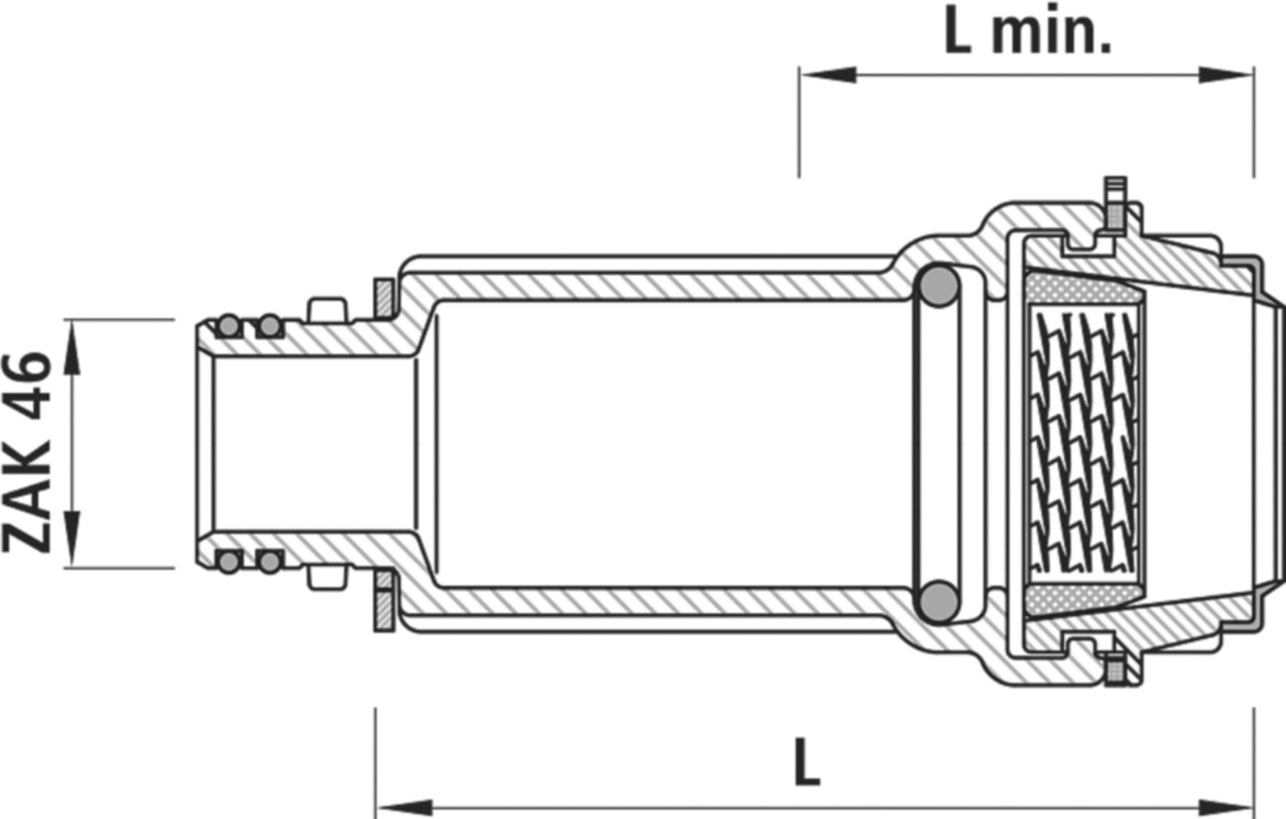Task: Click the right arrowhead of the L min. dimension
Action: point(1226,74)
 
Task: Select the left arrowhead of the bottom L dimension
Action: point(404,805)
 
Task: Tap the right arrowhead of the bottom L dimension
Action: point(1226,805)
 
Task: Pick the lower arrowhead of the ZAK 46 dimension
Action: point(72,540)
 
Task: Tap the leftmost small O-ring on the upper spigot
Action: point(228,327)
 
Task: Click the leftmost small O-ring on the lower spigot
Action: point(228,562)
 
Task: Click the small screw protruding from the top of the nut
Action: point(1114,203)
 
